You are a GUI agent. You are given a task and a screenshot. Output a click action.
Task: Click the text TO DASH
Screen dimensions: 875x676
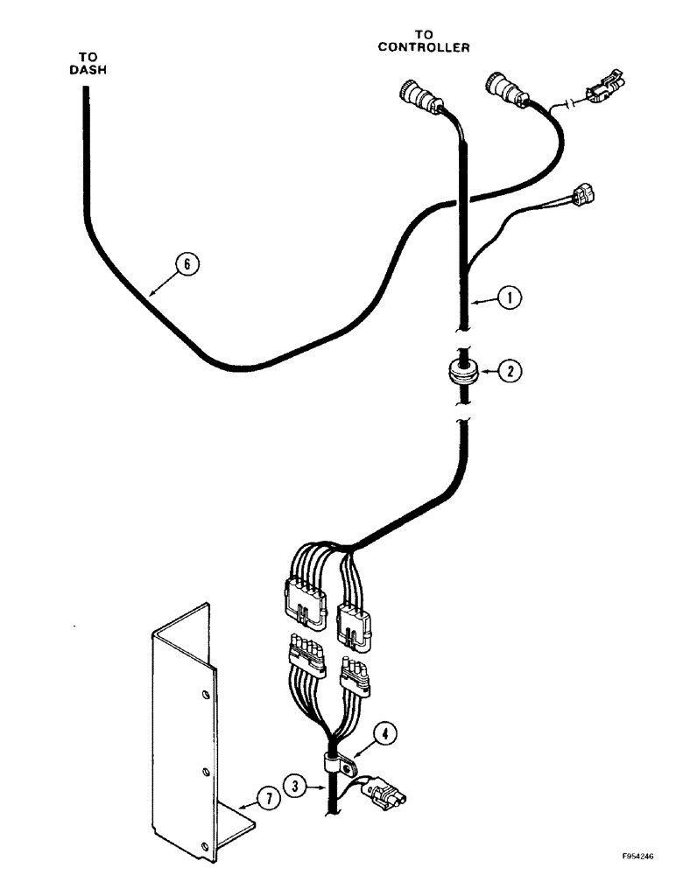point(85,64)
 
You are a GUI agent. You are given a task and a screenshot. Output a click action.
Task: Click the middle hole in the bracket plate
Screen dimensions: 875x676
point(205,770)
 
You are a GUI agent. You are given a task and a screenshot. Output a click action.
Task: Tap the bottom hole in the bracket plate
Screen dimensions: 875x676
point(205,845)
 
